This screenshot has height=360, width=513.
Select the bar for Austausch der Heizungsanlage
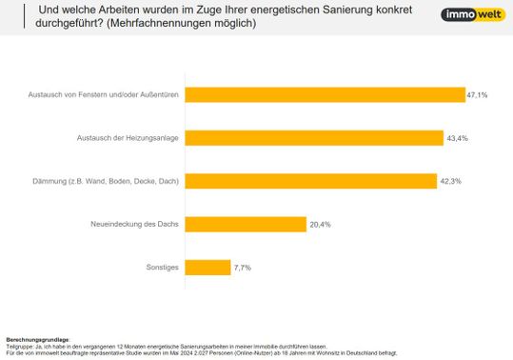pos(313,138)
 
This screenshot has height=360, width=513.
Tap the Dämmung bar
pos(310,181)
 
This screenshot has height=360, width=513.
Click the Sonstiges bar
pos(207,268)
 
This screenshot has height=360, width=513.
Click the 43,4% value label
pos(457,138)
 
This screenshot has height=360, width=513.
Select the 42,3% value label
pos(451,181)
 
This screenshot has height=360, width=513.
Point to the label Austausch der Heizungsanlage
pos(128,139)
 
